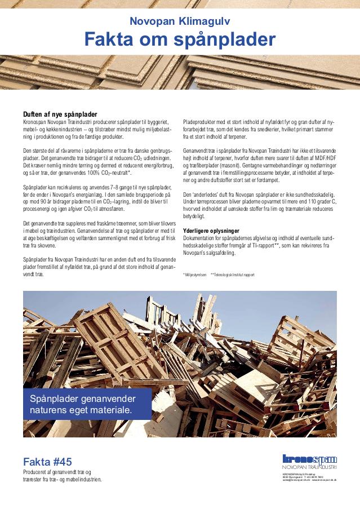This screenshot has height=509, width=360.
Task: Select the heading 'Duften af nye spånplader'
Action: pos(60,113)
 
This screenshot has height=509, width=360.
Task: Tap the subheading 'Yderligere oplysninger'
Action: pos(211,231)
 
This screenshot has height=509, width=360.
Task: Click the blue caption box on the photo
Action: pos(87,404)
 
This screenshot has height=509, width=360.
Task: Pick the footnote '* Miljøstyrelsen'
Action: pos(194,275)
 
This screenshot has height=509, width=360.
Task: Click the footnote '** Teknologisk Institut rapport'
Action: pos(232,275)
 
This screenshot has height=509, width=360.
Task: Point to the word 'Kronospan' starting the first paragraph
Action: pos(34,122)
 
